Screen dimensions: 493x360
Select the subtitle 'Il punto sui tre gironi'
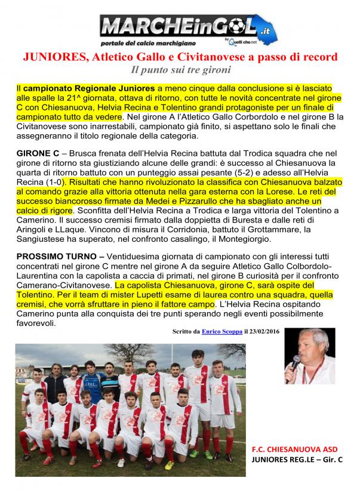(180, 70)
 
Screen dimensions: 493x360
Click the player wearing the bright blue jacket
(90, 381)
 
